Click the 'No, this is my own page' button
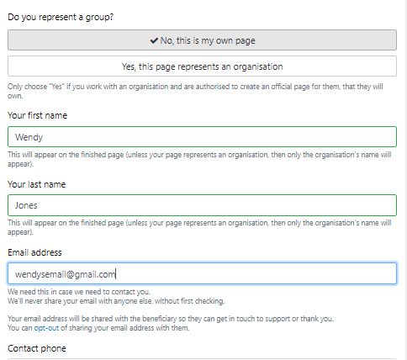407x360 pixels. tap(202, 40)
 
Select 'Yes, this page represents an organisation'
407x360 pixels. tap(202, 66)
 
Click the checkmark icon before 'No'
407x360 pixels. tap(154, 40)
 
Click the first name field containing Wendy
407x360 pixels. tap(202, 137)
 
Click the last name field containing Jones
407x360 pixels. tap(202, 205)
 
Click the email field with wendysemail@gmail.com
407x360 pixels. tap(202, 273)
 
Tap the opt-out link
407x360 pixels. tap(46, 328)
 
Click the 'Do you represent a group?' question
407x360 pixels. tap(61, 18)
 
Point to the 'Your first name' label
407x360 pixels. tap(38, 115)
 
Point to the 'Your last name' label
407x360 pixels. tap(37, 184)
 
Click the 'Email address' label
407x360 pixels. tap(34, 252)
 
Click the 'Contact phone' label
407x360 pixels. tap(37, 348)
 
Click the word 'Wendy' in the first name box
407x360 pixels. tap(29, 137)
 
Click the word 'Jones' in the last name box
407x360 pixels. tap(26, 205)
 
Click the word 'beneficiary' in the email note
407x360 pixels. tap(159, 319)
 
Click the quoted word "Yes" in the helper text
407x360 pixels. tap(56, 87)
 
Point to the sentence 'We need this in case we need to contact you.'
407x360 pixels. tap(79, 292)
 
